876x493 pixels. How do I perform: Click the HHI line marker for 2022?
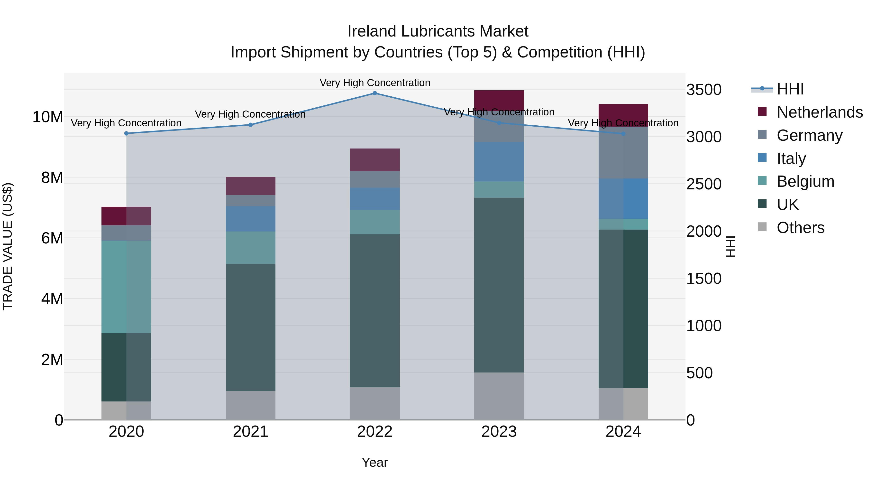point(375,93)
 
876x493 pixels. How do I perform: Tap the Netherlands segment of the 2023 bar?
point(499,100)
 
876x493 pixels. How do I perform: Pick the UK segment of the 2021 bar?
point(251,327)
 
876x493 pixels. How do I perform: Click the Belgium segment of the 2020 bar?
point(126,287)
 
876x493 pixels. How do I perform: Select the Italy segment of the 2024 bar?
point(623,199)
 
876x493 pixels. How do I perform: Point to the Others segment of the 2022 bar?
point(375,403)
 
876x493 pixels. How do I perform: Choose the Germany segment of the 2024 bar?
point(623,152)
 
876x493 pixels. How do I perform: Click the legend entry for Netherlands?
point(820,112)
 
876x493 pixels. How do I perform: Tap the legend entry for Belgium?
point(805,181)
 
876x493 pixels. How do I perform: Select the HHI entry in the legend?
point(790,89)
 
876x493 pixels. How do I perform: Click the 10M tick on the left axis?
point(48,117)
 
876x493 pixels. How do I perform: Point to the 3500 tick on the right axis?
point(703,90)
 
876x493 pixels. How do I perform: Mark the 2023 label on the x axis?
point(499,432)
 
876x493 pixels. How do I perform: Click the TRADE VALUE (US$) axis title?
point(8,246)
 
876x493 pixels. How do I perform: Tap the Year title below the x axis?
point(375,462)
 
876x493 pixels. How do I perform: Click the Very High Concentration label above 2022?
point(375,83)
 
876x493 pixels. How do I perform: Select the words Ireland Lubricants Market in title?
point(438,31)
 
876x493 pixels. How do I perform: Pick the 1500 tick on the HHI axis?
point(703,279)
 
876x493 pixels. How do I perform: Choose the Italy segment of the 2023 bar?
point(499,161)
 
